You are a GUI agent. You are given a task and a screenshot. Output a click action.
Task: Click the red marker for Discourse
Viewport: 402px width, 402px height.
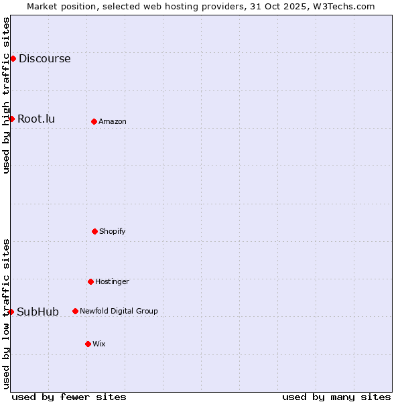point(13,58)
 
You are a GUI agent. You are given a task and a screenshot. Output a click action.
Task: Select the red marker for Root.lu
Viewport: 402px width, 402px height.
point(11,119)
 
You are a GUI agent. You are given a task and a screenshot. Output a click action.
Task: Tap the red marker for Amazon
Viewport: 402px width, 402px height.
point(94,121)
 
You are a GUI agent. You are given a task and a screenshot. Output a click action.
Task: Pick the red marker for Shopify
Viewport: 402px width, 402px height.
point(94,231)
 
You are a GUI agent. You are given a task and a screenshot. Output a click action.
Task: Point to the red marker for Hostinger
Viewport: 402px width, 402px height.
point(90,281)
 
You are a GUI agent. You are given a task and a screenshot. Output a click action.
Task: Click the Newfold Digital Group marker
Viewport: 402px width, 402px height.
point(75,311)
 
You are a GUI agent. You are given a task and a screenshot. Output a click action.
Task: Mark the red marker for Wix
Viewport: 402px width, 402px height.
point(88,344)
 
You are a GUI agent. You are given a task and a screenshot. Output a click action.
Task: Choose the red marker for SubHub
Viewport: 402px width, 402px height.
point(11,312)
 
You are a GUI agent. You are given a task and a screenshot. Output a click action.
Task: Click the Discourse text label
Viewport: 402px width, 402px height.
point(44,58)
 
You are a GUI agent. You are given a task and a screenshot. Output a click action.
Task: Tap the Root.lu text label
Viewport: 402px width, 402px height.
point(36,119)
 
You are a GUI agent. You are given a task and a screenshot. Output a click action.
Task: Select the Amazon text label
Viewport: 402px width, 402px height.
point(113,121)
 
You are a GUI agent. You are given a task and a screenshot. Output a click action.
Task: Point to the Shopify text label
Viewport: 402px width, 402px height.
point(113,231)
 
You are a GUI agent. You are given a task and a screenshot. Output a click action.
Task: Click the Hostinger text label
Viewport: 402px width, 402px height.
point(112,281)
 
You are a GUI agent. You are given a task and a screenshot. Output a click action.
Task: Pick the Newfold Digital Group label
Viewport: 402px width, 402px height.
point(119,311)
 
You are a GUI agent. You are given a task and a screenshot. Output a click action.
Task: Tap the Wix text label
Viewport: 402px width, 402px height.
point(99,344)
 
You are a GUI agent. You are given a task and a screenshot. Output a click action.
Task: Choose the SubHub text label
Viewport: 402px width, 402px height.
point(38,312)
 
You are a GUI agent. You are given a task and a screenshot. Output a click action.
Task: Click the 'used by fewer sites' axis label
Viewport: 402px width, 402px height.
point(69,397)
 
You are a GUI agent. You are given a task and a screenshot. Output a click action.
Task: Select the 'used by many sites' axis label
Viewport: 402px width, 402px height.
point(336,397)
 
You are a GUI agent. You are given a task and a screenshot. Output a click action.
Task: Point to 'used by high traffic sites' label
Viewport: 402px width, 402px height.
point(6,95)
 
